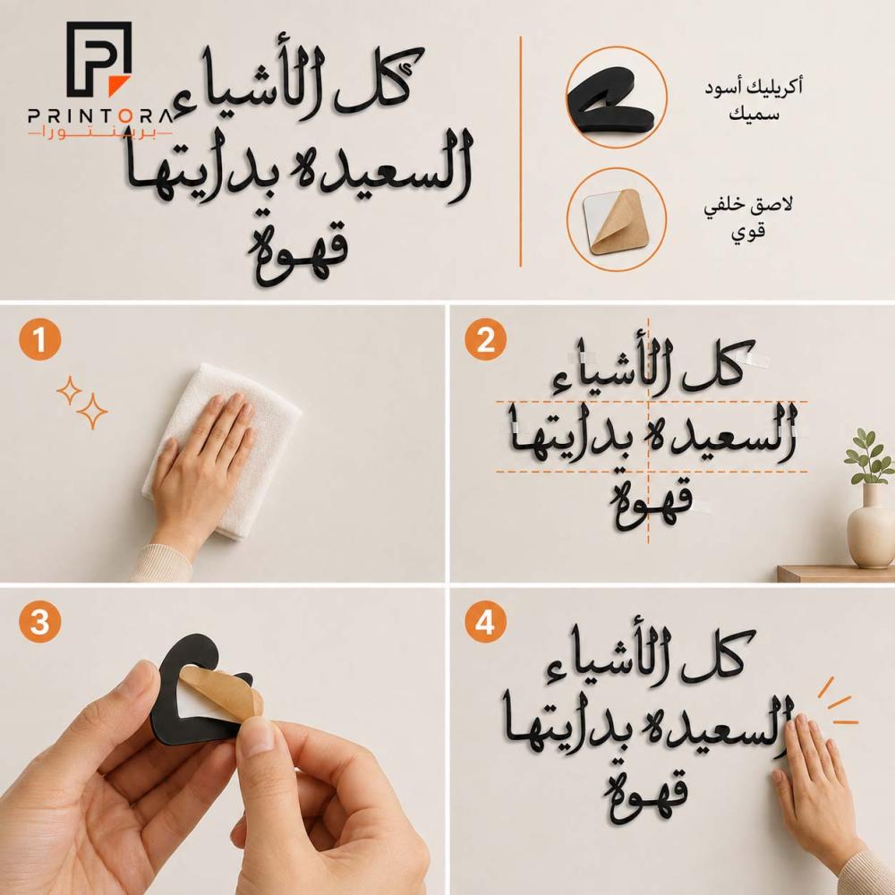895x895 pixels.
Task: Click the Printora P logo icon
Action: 98,59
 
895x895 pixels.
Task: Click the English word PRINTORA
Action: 100,116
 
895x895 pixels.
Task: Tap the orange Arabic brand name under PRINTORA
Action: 100,133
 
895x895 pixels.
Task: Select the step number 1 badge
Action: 40,339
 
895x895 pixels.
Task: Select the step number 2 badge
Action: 485,339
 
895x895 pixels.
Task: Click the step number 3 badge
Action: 40,622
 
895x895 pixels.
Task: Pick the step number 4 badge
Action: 485,622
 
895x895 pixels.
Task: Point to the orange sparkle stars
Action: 82,402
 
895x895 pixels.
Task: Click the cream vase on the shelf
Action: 869,528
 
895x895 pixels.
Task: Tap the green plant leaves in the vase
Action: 869,456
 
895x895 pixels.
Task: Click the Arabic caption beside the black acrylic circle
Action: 753,100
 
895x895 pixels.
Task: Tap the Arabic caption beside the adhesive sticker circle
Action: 748,218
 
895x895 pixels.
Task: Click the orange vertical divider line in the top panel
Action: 521,151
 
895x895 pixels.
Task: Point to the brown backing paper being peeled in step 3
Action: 221,692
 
